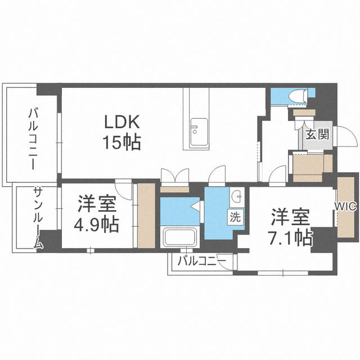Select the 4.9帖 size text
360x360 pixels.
96,225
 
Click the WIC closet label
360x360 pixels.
346,206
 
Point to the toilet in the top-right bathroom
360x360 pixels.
298,97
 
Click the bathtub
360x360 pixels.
178,237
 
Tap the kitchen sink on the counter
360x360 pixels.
199,132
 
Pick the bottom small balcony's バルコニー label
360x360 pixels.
201,262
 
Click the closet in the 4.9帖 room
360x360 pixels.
145,214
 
